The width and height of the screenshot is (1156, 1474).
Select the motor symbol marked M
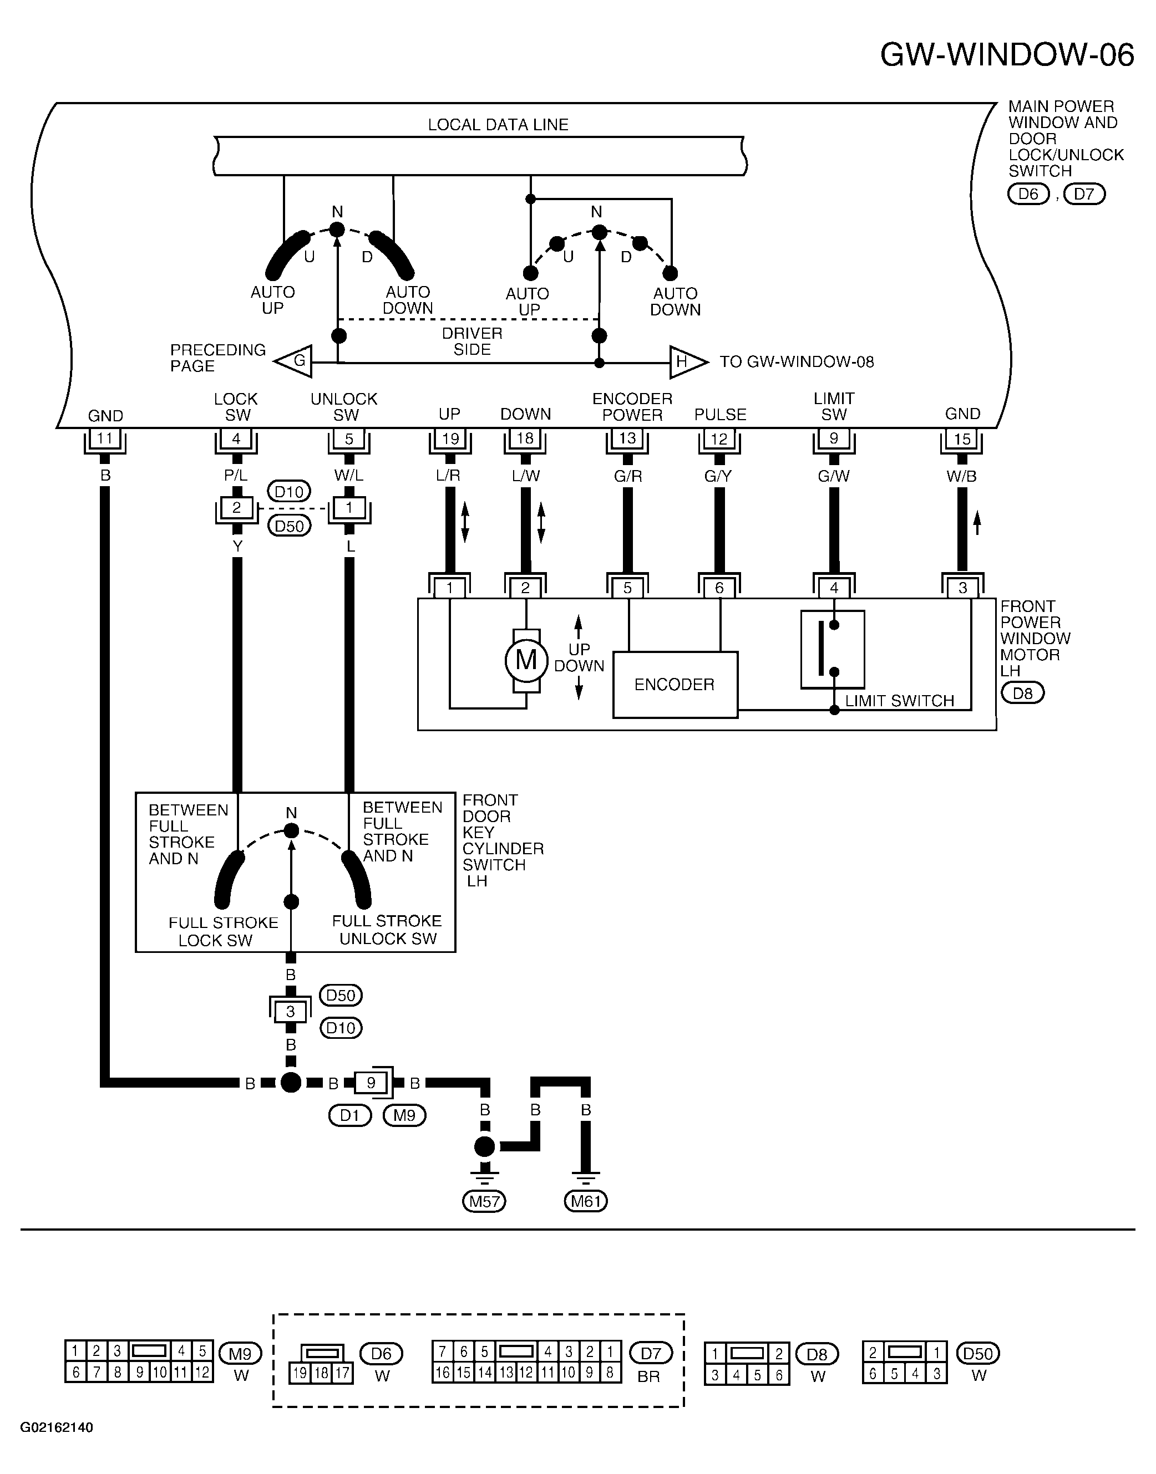pos(526,660)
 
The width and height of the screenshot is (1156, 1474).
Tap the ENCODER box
pos(675,685)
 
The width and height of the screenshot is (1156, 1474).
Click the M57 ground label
pos(484,1201)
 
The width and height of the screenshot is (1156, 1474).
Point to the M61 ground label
pos(585,1201)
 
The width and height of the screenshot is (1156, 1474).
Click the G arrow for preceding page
pos(294,361)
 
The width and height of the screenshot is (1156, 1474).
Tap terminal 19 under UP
pos(450,438)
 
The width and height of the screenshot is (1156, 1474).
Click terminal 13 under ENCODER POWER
pos(627,438)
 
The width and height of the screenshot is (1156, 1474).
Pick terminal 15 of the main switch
pos(962,438)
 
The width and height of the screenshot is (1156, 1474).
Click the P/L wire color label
pos(236,476)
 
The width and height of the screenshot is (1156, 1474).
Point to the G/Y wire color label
pos(718,476)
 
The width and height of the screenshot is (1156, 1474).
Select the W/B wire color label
pos(962,476)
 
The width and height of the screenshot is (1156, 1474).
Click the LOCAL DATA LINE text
pos(498,125)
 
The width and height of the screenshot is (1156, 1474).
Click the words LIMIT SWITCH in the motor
pos(900,701)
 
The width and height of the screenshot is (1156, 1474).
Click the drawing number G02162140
pos(57,1427)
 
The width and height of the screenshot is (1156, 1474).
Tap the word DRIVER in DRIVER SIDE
pos(473,334)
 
